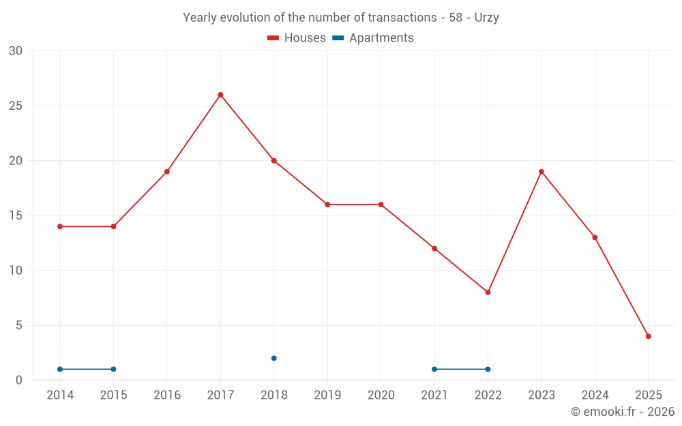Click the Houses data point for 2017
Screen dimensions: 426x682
[x=220, y=95]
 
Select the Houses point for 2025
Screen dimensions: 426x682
[x=649, y=336]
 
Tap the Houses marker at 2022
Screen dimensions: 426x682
[x=488, y=292]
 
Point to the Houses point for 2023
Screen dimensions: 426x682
[x=542, y=172]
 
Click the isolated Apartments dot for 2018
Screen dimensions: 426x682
[x=273, y=358]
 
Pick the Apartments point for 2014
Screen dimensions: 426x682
[x=60, y=369]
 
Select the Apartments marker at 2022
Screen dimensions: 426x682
[x=488, y=369]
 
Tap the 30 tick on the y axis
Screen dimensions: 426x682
[x=16, y=51]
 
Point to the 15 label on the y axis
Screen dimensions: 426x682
[x=16, y=215]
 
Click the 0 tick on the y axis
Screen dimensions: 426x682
[x=19, y=380]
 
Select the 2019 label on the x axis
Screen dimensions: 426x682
[x=327, y=395]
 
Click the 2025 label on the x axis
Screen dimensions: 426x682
[x=649, y=395]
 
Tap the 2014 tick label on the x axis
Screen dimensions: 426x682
[x=60, y=395]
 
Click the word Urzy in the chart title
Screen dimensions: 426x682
[x=486, y=18]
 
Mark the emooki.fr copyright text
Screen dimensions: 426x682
[x=622, y=412]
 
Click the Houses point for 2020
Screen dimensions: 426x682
[x=381, y=204]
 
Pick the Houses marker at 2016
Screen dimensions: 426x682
[x=167, y=172]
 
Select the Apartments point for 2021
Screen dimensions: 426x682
[x=434, y=369]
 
